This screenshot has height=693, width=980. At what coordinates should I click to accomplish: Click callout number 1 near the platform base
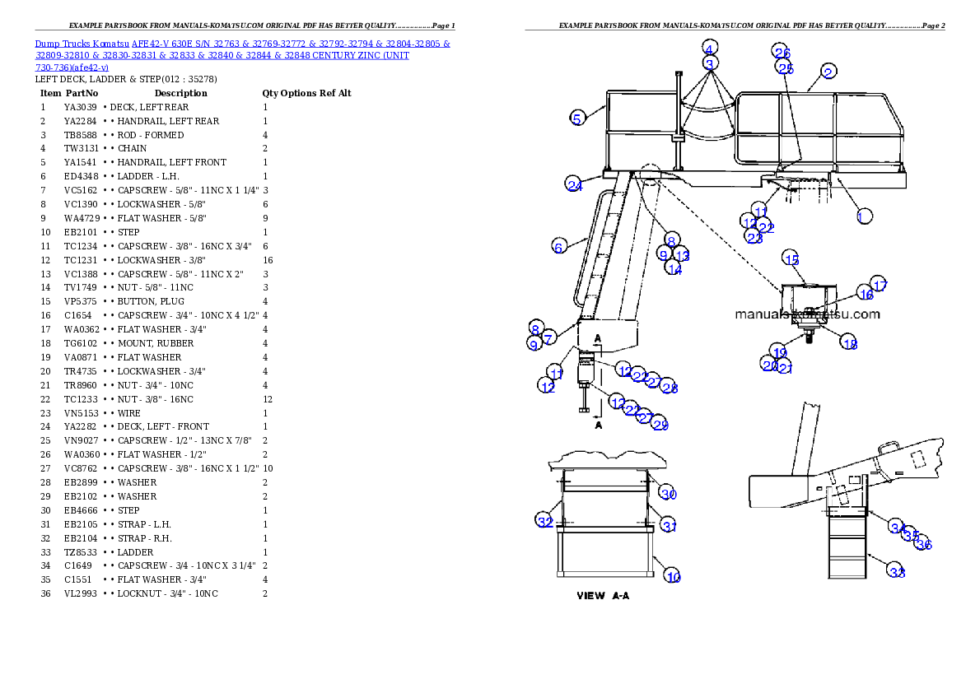[863, 216]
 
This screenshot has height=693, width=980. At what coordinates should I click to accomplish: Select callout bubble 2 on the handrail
[828, 72]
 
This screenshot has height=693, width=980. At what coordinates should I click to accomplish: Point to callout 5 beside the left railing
[578, 119]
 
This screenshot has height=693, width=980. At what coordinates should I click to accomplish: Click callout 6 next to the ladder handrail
[558, 246]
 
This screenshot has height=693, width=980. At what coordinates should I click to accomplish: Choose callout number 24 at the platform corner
[574, 184]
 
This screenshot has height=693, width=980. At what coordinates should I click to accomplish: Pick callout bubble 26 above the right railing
[782, 53]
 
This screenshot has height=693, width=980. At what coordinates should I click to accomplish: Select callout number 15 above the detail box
[791, 259]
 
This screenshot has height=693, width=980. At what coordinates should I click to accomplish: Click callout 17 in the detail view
[880, 285]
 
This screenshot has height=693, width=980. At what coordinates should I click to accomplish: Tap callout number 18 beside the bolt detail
[849, 344]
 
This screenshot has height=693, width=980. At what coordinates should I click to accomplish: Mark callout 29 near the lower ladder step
[660, 425]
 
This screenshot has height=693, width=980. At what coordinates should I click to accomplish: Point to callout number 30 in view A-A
[668, 494]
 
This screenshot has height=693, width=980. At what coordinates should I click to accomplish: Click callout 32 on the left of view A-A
[545, 521]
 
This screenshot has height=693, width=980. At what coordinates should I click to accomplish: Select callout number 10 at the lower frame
[673, 577]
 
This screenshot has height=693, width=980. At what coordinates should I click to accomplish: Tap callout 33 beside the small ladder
[896, 572]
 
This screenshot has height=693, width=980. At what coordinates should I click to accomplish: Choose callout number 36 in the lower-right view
[924, 544]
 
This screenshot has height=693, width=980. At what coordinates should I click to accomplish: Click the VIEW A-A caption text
[603, 596]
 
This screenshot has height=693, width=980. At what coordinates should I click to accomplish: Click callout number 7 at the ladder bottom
[549, 336]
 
